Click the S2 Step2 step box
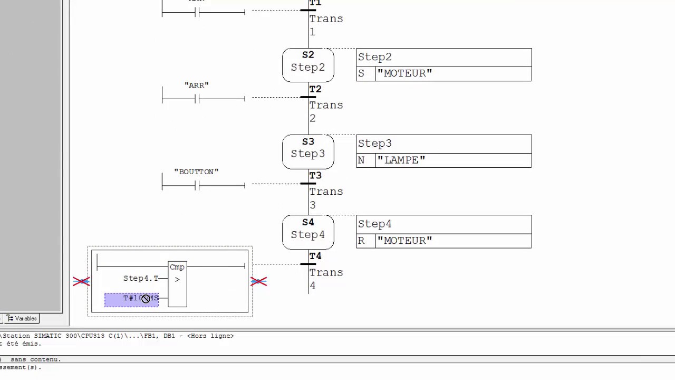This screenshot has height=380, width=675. tap(308, 65)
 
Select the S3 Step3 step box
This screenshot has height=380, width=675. tap(308, 151)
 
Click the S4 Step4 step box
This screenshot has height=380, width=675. tap(308, 232)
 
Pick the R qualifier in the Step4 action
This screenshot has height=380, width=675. tap(361, 241)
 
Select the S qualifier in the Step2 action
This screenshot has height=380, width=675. tap(361, 73)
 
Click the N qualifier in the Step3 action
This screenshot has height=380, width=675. tap(361, 160)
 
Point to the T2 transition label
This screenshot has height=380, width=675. tap(315, 89)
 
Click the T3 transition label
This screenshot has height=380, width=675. tap(315, 176)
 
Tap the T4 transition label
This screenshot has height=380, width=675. tap(315, 256)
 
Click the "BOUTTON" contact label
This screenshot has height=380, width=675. tap(196, 172)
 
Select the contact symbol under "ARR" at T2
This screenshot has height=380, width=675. tap(197, 99)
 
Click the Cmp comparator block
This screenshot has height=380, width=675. tap(177, 284)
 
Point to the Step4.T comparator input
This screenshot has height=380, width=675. tap(141, 278)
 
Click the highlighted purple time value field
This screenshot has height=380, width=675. tap(131, 299)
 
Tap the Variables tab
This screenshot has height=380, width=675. tap(22, 319)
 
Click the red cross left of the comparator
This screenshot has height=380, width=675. tap(81, 282)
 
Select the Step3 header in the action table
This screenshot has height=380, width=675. tap(375, 144)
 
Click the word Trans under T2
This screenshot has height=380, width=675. tap(326, 105)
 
